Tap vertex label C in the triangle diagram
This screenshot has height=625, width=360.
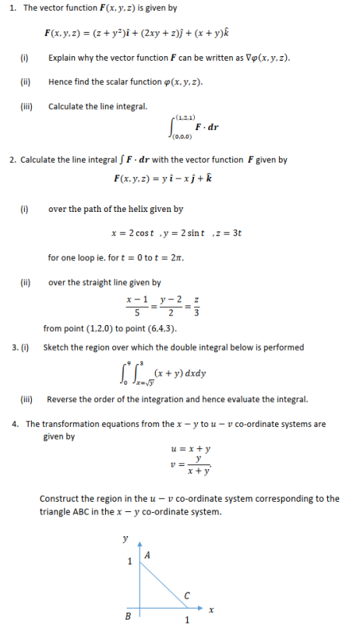click(x=187, y=595)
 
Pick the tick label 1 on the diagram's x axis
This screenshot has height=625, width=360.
click(x=187, y=620)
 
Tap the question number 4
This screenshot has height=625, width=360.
click(x=15, y=424)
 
